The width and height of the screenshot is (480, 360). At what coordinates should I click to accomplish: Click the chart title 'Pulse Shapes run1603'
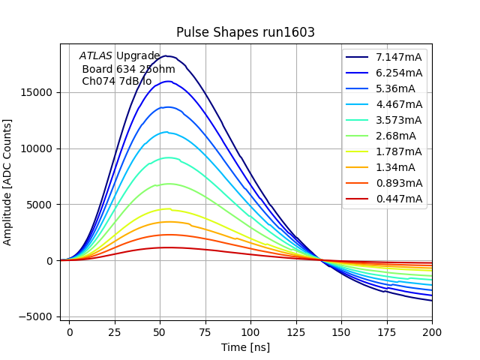[x=245, y=32]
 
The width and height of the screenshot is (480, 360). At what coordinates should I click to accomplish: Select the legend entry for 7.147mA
[x=398, y=57]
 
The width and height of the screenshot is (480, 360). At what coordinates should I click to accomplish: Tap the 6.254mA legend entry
[x=398, y=73]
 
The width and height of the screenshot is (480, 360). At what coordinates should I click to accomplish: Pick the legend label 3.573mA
[x=398, y=120]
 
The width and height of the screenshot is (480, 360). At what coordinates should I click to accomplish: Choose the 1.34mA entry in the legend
[x=395, y=167]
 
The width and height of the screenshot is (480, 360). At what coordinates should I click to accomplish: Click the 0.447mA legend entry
[x=398, y=199]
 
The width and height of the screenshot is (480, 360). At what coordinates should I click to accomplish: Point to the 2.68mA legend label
[x=395, y=136]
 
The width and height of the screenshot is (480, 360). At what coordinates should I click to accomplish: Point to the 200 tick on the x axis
[x=432, y=331]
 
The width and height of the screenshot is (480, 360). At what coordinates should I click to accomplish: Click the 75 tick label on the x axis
[x=205, y=331]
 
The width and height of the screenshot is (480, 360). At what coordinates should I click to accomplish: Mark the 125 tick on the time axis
[x=295, y=331]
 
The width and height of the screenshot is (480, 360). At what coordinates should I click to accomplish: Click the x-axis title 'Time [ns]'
[x=245, y=347]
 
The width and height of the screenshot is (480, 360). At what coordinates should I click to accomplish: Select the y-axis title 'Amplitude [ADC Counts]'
[x=8, y=181]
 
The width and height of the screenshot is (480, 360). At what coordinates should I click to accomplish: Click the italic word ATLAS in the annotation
[x=96, y=55]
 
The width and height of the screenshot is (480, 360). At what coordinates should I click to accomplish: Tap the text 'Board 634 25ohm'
[x=128, y=69]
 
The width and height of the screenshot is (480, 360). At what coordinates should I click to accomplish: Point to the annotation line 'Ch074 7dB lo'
[x=116, y=81]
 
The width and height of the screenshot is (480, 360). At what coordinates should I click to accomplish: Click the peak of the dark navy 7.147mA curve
[x=165, y=55]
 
